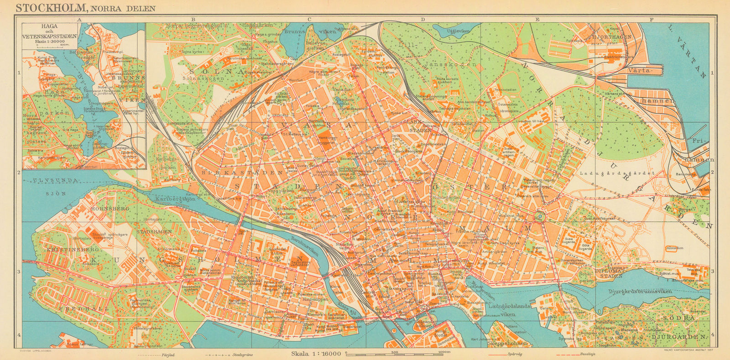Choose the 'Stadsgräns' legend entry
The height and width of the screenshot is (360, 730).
coord(242,355)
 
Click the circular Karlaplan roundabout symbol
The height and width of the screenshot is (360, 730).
coord(540,216)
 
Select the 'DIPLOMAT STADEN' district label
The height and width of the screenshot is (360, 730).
coord(610,273)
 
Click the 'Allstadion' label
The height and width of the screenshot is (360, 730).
coord(675,248)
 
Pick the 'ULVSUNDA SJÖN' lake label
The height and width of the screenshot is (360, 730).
coord(55,187)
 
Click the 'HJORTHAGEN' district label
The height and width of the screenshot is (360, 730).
coord(611,37)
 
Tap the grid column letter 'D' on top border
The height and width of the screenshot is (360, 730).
coord(422,20)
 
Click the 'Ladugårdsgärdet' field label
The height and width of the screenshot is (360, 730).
coord(617,173)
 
